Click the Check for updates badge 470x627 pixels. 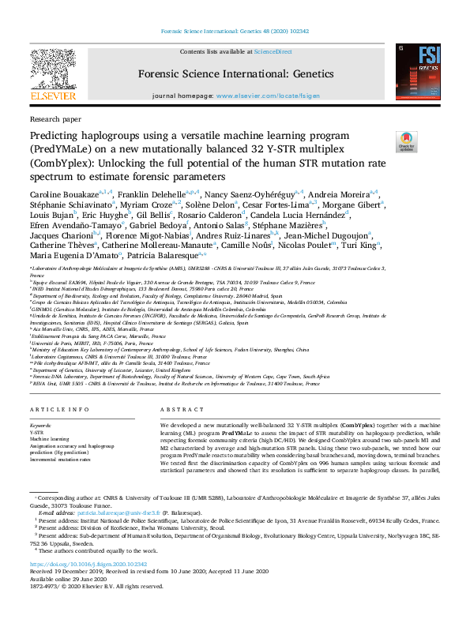coord(407,141)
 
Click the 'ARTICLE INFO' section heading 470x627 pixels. coord(59,411)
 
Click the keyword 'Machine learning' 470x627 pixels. coord(52,439)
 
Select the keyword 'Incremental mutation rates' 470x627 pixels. coord(60,458)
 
